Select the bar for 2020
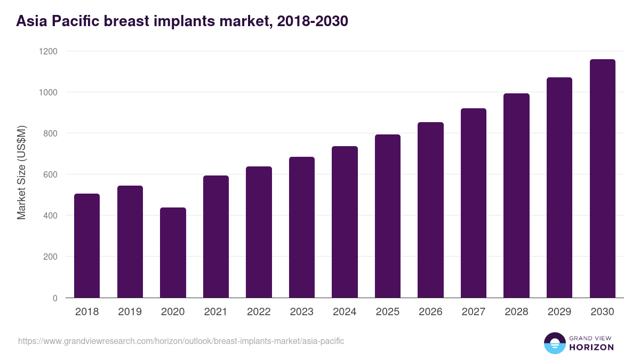[173, 253]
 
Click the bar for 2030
[602, 179]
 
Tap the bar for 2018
[87, 246]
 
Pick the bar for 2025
[387, 216]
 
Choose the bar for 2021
[215, 237]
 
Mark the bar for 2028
[516, 196]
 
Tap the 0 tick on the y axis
[55, 298]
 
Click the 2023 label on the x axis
[301, 312]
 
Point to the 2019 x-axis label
[130, 312]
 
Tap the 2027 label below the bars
[473, 312]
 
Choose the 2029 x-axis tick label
[559, 312]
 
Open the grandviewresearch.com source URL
[181, 341]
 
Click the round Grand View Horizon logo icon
[555, 343]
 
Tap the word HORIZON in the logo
[591, 347]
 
